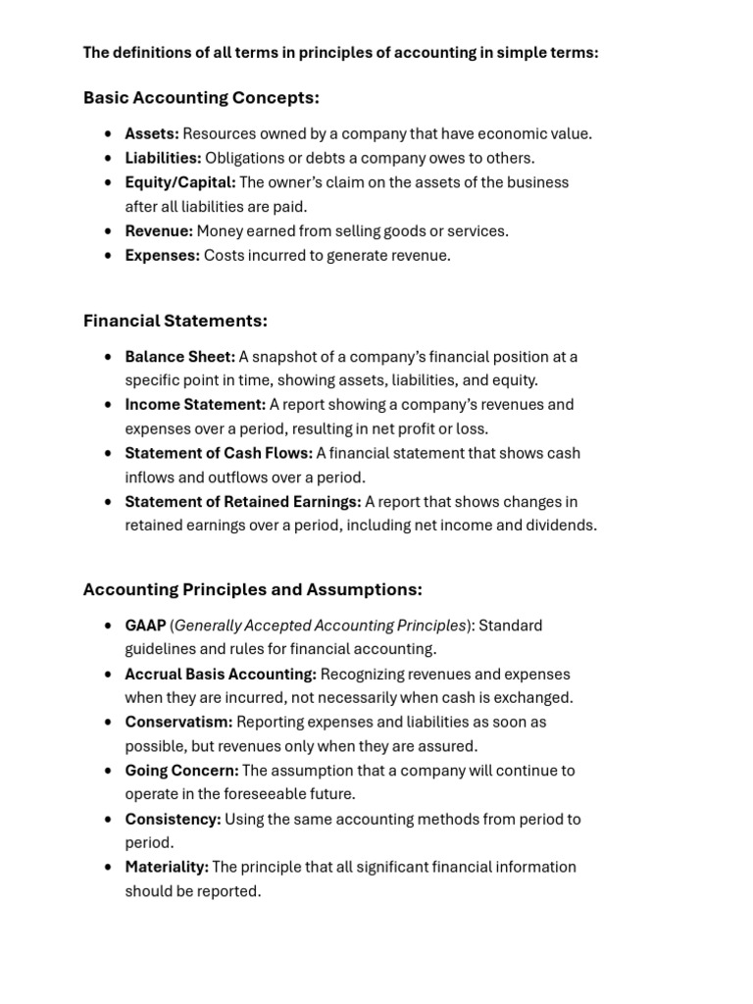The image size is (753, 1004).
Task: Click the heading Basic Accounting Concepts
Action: [201, 98]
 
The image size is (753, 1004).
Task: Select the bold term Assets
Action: [151, 134]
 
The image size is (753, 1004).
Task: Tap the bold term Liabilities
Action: [163, 158]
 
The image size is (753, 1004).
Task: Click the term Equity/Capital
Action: [180, 182]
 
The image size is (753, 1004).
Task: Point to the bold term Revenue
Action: [159, 231]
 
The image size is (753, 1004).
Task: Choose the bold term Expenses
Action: [162, 255]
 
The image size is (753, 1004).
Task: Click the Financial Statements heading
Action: [175, 321]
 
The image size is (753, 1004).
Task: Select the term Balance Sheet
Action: [179, 357]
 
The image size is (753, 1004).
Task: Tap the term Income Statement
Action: [195, 404]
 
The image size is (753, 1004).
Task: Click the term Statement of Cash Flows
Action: [219, 453]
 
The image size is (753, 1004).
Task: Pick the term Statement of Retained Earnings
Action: [243, 501]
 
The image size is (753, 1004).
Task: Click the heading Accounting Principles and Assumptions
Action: [252, 589]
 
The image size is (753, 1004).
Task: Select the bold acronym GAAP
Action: [145, 626]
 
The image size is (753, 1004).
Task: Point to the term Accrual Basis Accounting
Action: [221, 674]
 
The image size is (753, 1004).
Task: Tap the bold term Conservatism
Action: [178, 722]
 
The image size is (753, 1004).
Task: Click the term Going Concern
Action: [181, 771]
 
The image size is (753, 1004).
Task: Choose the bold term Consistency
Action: [173, 819]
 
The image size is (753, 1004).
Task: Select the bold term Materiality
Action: [167, 867]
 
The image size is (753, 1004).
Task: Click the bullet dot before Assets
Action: [108, 134]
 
